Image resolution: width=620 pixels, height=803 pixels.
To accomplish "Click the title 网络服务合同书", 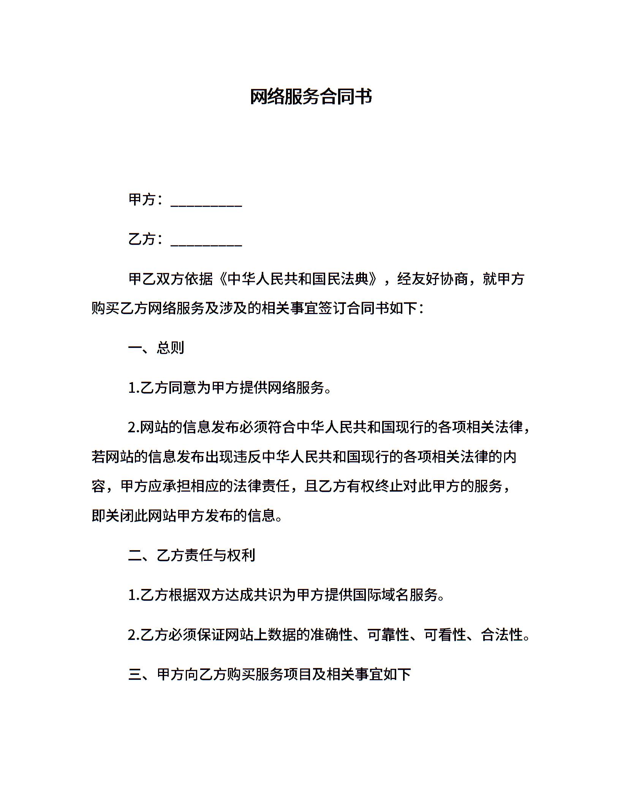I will coord(310,97).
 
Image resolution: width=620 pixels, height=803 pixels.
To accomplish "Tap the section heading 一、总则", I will coord(156,348).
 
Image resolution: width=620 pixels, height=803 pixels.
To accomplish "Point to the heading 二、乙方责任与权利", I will coord(191,555).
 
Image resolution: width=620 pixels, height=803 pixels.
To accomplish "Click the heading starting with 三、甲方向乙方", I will coord(270,674).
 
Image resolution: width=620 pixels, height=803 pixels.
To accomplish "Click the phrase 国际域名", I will coord(380,595).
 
